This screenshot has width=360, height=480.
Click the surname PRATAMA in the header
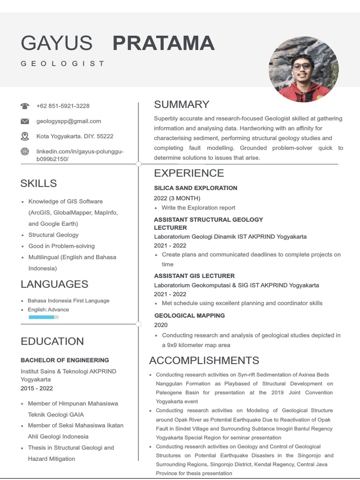pos(164,43)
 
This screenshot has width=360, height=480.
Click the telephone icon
pos(25,106)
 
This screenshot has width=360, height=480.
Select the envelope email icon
pos(25,121)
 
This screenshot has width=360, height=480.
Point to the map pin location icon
pos(25,136)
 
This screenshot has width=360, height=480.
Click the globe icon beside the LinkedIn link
pos(25,151)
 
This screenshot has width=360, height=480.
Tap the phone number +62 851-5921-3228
pos(63,106)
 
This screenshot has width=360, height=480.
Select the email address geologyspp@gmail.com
pos(68,121)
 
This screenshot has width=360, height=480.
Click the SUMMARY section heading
pos(181,105)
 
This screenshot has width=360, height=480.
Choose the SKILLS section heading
pos(38,183)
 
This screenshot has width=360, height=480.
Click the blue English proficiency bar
pos(42,317)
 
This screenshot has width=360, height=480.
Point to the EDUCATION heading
pos(52,341)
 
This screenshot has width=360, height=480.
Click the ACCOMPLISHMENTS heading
pos(204,360)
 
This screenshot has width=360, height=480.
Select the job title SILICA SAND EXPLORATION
pos(195,188)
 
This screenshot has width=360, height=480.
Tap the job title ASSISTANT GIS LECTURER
pos(194,276)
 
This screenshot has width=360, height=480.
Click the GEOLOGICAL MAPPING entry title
pos(189,315)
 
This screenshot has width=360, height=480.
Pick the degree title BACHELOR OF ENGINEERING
pos(65,360)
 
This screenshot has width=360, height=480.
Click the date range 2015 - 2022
pos(37,388)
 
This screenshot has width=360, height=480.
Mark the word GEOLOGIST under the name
pos(62,63)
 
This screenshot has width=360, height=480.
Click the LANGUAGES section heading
pos(54,284)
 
